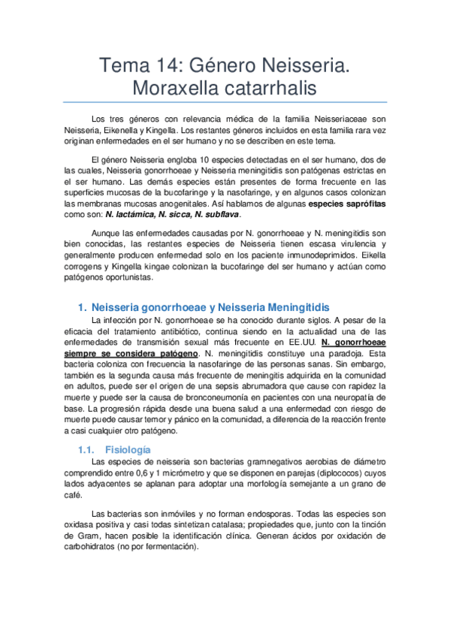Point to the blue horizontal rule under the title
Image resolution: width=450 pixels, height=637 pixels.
coord(225,103)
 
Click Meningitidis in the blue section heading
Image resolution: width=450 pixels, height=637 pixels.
coord(294,306)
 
